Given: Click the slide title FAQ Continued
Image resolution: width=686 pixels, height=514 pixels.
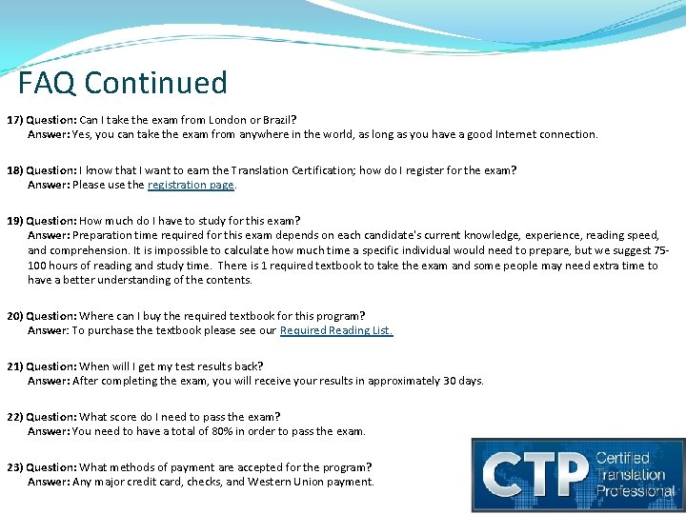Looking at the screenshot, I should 123,83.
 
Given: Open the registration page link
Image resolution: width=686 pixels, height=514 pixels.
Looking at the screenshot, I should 191,185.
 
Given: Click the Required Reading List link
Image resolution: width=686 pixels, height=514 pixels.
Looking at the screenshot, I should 335,330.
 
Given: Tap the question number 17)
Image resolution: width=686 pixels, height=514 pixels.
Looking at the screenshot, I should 15,120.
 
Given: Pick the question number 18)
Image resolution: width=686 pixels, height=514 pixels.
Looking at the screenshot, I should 15,170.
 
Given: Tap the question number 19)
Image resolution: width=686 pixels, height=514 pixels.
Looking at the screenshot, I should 15,221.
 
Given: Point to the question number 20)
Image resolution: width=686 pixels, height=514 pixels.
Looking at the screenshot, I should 15,316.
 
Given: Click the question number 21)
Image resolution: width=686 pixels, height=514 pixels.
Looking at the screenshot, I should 15,366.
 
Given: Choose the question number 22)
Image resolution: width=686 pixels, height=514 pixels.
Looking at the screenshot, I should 15,417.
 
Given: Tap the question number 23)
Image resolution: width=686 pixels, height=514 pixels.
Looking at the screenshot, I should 15,467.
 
